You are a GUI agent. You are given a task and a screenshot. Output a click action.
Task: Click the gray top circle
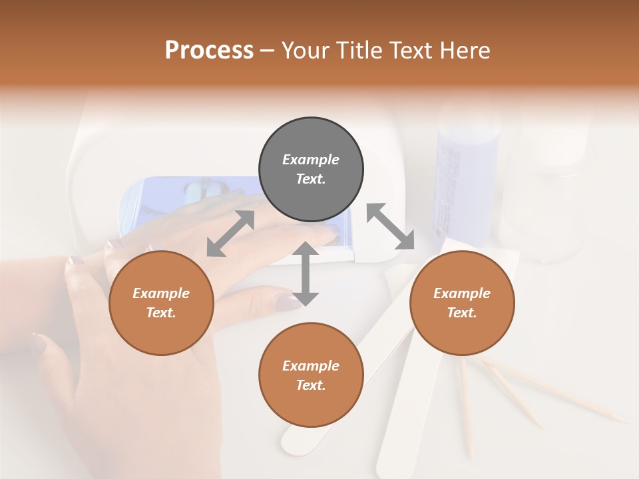click(311, 170)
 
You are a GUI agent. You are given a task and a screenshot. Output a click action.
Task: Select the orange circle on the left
click(161, 303)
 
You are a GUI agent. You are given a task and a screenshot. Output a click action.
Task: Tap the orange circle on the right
click(462, 303)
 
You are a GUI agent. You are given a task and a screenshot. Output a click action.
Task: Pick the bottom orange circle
click(311, 375)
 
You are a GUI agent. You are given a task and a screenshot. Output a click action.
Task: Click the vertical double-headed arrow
click(306, 273)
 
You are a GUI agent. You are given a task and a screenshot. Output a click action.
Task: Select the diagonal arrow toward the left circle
click(230, 234)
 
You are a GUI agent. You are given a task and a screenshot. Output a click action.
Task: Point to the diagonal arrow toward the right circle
click(390, 226)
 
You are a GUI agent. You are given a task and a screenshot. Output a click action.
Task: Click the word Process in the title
click(209, 50)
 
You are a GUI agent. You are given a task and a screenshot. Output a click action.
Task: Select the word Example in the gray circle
click(311, 160)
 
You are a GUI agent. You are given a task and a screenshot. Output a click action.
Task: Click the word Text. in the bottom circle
click(311, 385)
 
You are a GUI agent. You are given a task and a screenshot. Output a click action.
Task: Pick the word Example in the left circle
click(161, 293)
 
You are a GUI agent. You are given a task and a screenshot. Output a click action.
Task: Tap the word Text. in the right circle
click(462, 313)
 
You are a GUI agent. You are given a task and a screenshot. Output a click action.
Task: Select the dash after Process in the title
click(268, 50)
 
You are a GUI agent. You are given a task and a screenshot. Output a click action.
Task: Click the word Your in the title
click(306, 50)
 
